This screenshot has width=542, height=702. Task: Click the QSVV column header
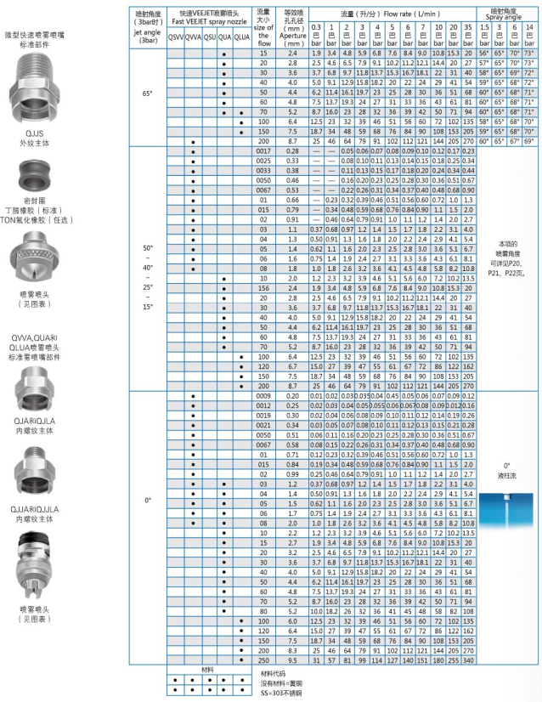[174, 37]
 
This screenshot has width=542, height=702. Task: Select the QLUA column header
[241, 37]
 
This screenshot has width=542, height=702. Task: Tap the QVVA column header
[192, 37]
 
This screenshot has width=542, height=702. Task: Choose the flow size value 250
[263, 660]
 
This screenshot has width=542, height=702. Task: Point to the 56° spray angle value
[484, 53]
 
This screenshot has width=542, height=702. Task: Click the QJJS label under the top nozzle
[37, 133]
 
